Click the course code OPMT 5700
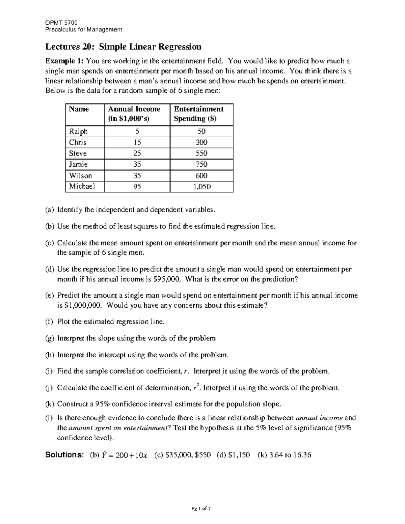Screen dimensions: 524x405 [61, 23]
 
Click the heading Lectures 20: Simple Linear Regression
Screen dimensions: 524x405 [124, 47]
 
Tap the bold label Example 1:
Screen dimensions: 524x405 [64, 61]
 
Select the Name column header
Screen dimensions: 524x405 [79, 109]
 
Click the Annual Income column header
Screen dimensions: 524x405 [134, 114]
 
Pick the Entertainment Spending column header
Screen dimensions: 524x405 [198, 114]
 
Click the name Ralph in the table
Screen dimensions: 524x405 [78, 131]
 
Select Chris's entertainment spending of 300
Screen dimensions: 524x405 [201, 142]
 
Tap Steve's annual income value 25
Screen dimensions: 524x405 [137, 154]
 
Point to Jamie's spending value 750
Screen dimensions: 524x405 [201, 164]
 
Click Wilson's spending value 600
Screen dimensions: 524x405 [201, 175]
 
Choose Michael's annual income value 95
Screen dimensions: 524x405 [137, 187]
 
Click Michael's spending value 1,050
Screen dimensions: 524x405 [202, 187]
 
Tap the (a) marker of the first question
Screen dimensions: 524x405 [50, 210]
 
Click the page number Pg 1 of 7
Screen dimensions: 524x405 [202, 508]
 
